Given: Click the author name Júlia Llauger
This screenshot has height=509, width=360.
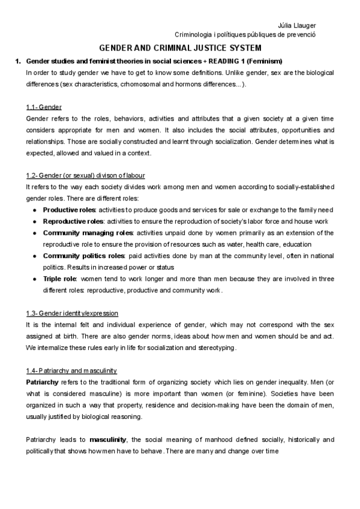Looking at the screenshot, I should coord(299,25).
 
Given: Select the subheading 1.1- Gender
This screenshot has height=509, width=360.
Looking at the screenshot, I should coord(44,107).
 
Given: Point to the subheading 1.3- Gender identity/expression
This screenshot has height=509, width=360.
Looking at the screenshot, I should coord(72,313).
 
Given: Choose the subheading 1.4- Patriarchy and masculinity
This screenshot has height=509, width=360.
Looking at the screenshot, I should coord(71,370).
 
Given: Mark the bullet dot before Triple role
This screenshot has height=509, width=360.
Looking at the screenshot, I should coord(35,279).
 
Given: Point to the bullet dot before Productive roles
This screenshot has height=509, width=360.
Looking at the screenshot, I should coord(35,209).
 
